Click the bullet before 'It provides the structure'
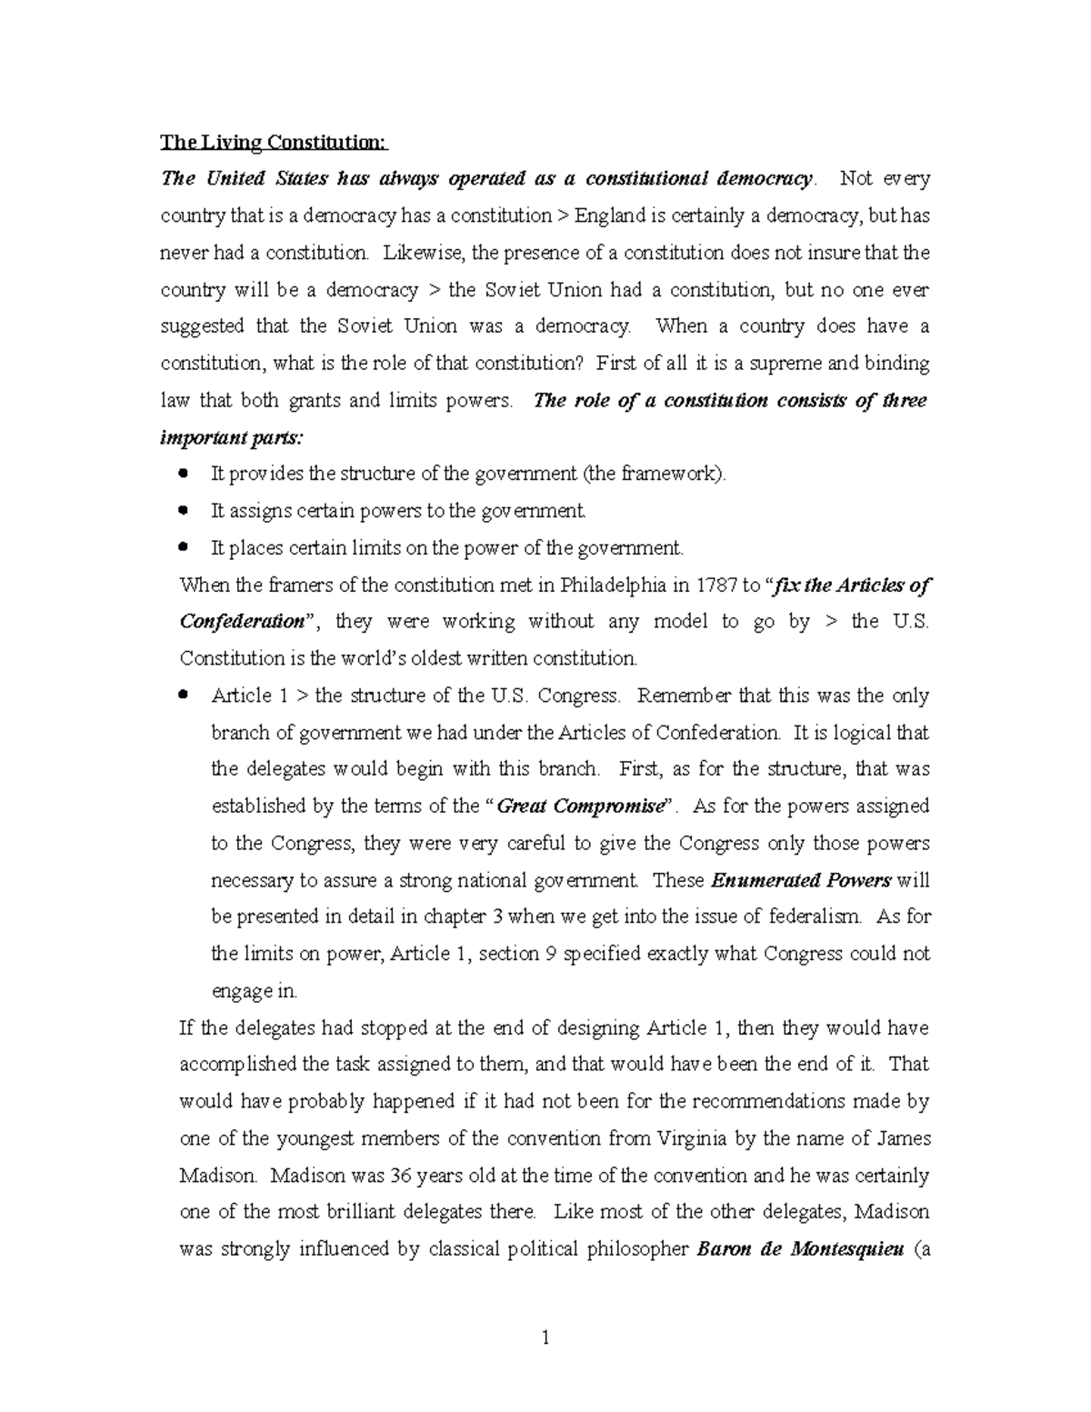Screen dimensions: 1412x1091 click(x=185, y=473)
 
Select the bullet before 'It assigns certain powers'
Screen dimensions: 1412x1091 click(x=185, y=510)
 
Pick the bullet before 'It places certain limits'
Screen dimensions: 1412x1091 click(x=185, y=547)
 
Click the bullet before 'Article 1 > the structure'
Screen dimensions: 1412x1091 click(x=185, y=695)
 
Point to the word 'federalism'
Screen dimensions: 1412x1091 click(x=814, y=916)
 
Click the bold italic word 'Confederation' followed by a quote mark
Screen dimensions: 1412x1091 click(x=241, y=622)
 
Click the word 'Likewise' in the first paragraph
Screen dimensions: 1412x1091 click(x=417, y=253)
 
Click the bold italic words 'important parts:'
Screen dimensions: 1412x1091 click(x=233, y=437)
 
